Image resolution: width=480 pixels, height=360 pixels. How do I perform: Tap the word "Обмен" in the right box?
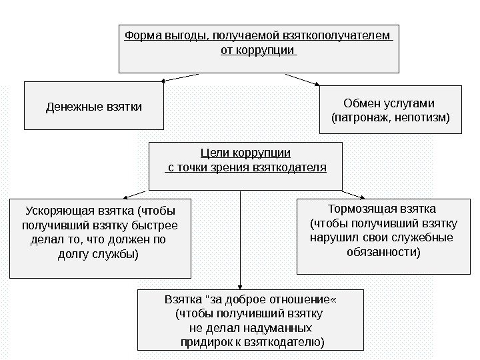[360, 103]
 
